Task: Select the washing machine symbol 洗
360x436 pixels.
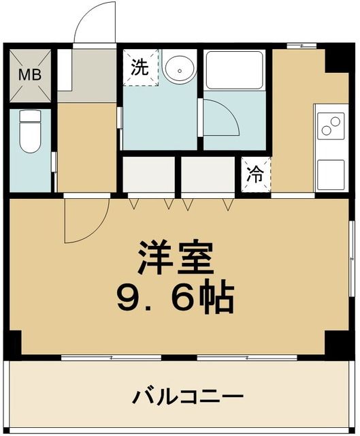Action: [x=140, y=67]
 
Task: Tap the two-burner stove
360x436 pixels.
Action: [x=331, y=127]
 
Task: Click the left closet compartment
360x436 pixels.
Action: [x=149, y=176]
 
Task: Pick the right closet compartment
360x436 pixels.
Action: [x=208, y=176]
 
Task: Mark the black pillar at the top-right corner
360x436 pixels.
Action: [x=338, y=59]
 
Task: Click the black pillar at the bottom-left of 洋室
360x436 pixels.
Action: [x=14, y=340]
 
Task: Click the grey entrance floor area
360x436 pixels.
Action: [x=87, y=76]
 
